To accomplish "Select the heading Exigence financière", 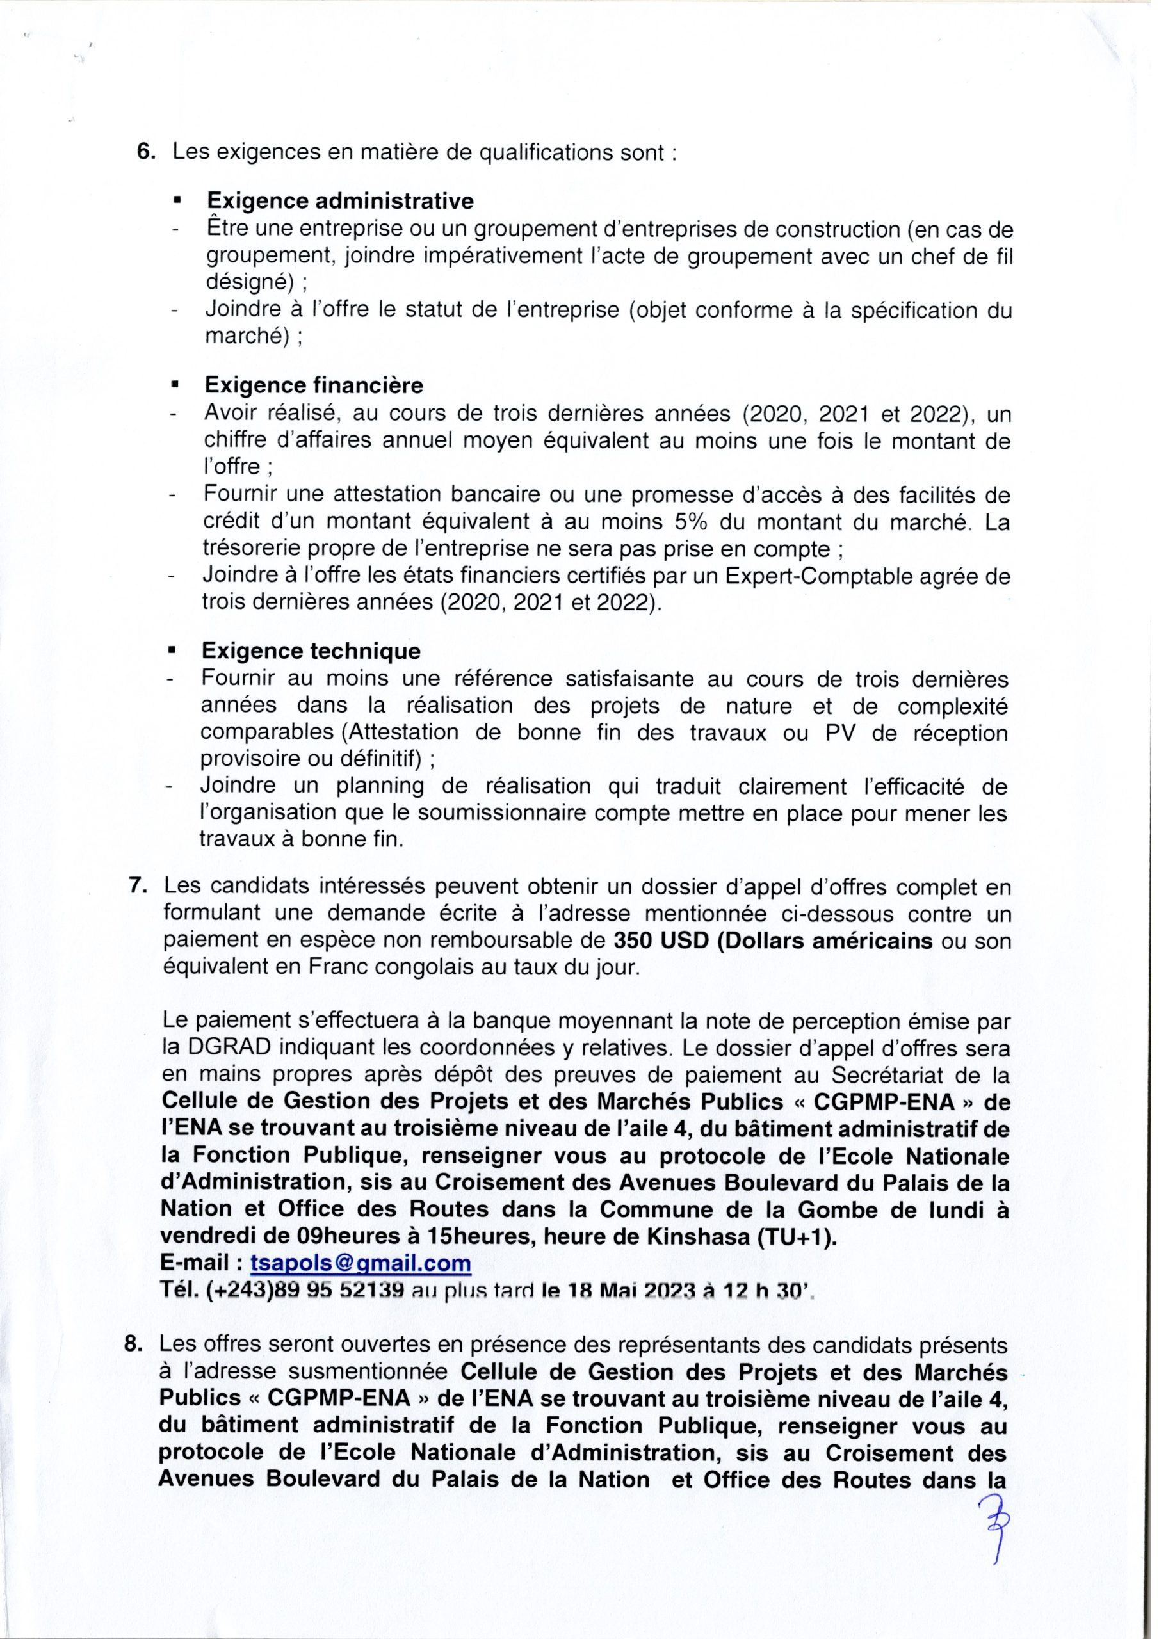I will pos(314,386).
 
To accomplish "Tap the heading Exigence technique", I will pos(311,651).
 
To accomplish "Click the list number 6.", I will pos(147,154).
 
